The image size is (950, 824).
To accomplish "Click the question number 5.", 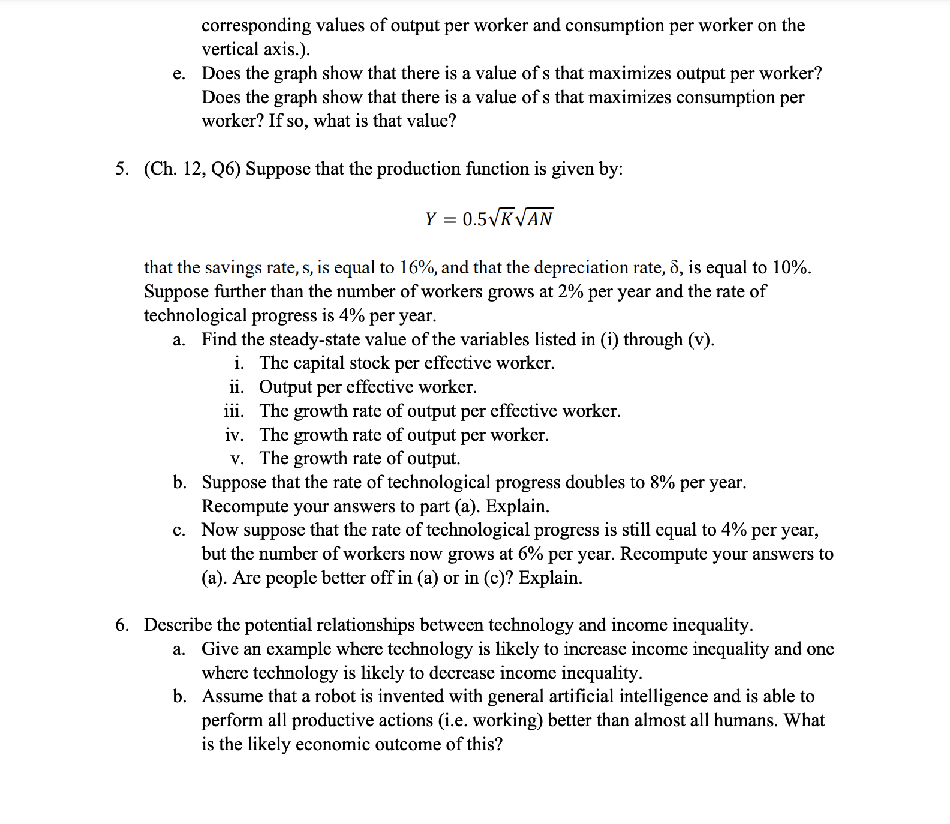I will coord(121,169).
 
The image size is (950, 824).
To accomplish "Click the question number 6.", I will coord(121,625).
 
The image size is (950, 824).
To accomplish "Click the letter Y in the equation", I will coord(430,219).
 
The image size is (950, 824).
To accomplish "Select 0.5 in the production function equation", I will coord(474,219).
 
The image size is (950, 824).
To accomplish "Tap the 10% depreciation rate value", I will coord(789,267).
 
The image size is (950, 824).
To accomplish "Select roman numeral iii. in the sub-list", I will coord(234,411).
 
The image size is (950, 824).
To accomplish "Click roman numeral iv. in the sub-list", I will coord(235,435).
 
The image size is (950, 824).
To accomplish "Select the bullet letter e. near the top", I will coord(179,74).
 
